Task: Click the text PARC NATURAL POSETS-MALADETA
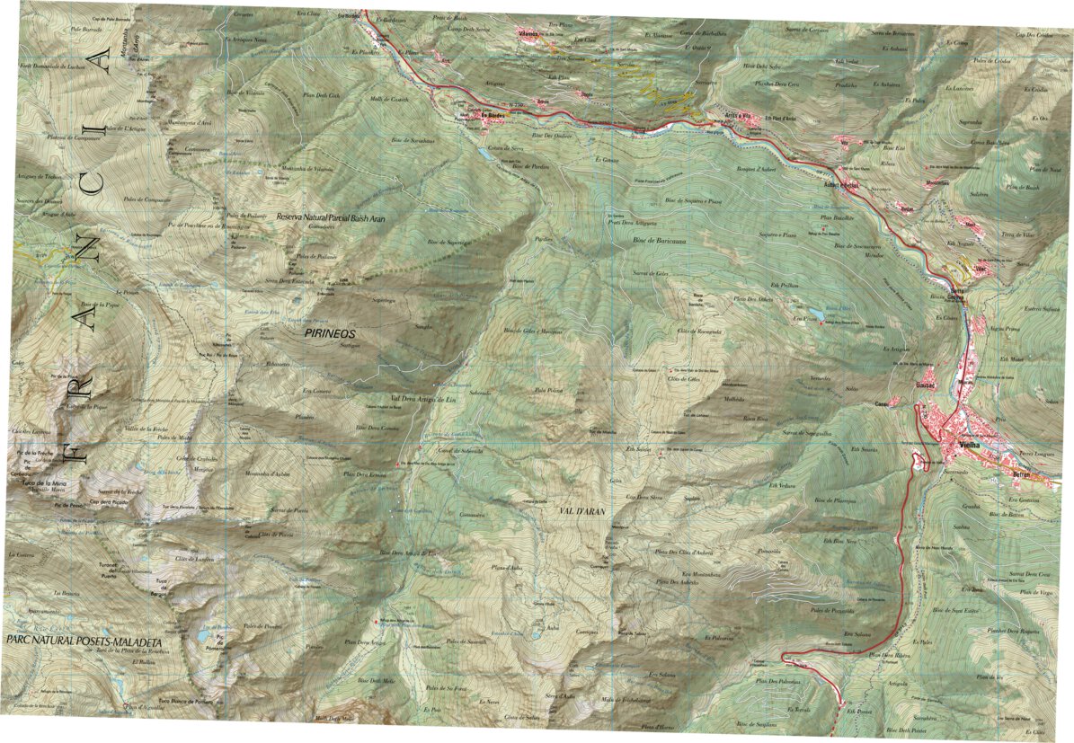(x=84, y=642)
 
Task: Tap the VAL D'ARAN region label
(x=579, y=509)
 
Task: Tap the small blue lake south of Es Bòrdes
(x=484, y=155)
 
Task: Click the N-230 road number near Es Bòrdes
(x=515, y=107)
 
